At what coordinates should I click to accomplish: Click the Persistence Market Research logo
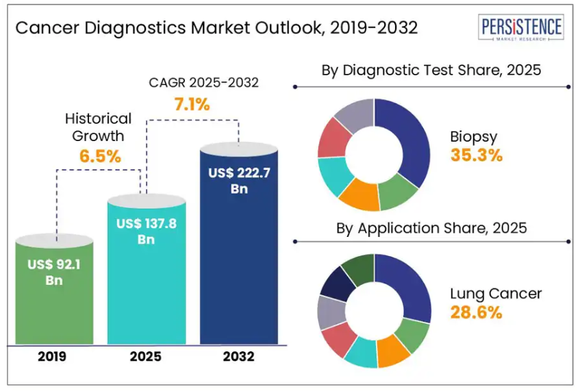[x=522, y=29]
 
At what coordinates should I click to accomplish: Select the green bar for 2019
[x=54, y=301]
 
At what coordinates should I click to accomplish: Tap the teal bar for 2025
[x=146, y=288]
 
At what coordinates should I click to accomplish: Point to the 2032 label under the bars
[x=238, y=357]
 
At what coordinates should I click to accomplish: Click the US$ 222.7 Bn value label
[x=239, y=181]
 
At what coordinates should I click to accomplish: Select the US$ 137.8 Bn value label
[x=146, y=231]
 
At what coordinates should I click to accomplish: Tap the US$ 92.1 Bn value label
[x=54, y=272]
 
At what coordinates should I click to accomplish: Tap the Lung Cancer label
[x=496, y=294]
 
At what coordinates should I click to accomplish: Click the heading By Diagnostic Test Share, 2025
[x=431, y=70]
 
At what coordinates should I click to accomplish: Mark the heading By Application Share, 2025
[x=431, y=228]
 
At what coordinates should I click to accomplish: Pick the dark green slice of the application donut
[x=359, y=269]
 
